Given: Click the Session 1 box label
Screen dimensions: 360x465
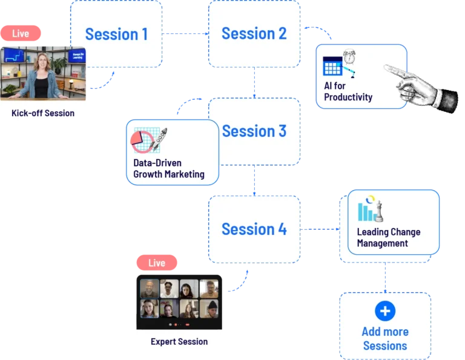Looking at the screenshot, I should pos(116,34).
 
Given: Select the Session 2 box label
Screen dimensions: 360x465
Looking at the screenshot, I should pos(254,33).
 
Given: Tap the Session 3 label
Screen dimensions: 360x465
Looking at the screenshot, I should pos(254,131).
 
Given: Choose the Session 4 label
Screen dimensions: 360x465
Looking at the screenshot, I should pos(254,229).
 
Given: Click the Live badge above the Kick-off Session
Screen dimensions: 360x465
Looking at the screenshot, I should pos(21,34).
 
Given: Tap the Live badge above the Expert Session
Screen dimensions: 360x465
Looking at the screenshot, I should pos(157,263).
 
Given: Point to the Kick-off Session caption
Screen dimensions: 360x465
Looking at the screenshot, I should pos(43,113).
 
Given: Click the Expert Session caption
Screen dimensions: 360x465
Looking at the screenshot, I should pos(179,342).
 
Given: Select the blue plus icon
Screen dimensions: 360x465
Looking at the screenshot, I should pos(385,312).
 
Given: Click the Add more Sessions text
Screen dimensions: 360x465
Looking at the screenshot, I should pos(385,339).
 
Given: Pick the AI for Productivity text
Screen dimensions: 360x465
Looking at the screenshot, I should pos(348,91).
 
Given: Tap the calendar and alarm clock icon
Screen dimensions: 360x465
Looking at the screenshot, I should pos(340,64).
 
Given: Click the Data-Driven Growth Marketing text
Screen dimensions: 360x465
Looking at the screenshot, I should pos(169,169).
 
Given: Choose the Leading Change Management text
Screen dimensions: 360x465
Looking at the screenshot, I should pos(388,238).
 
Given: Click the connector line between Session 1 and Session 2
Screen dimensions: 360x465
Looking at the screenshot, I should pos(186,34).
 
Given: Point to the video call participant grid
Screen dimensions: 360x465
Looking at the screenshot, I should pos(179,299).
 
